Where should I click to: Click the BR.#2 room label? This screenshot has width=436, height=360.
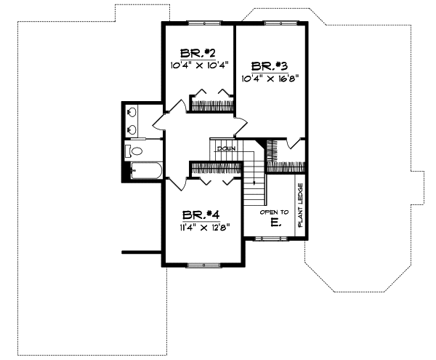198,53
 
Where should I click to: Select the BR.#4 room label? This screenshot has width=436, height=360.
201,215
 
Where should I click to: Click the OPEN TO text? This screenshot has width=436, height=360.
275,212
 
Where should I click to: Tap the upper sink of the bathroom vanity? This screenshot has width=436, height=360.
132,113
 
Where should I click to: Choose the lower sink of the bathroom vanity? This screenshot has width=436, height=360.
132,129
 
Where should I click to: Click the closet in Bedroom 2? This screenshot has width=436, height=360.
211,102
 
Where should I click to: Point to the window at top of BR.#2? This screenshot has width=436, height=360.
197,23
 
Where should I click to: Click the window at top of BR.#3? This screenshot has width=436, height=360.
275,23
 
